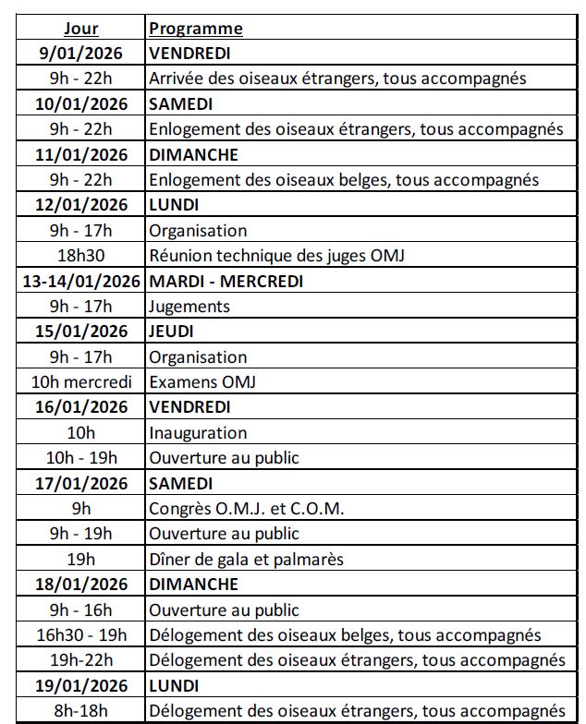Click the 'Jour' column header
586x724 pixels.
(x=81, y=29)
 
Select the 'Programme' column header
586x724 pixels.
(x=196, y=29)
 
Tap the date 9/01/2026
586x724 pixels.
(x=81, y=54)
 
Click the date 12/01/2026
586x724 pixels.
(x=81, y=205)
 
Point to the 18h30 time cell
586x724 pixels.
(x=81, y=256)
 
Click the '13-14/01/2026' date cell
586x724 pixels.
(x=81, y=281)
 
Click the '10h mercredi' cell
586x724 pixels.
(x=81, y=382)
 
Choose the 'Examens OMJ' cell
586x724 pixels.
(x=201, y=382)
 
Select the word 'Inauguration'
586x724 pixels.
(x=198, y=433)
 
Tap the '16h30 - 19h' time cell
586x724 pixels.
(x=81, y=635)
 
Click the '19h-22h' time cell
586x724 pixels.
(x=81, y=660)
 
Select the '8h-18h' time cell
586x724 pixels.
(x=81, y=711)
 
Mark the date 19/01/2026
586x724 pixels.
(x=81, y=686)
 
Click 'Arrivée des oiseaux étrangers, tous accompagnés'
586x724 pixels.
(x=337, y=78)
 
